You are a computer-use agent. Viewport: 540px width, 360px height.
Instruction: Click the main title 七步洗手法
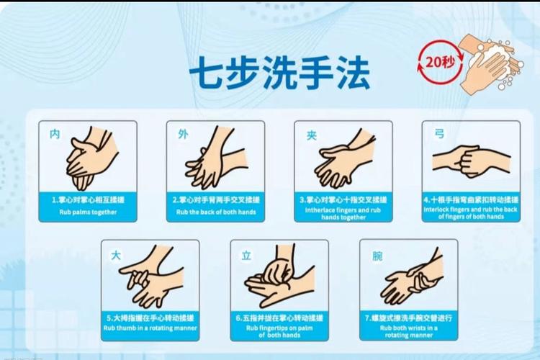(x=279, y=73)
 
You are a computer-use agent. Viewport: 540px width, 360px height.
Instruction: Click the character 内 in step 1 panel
(x=55, y=134)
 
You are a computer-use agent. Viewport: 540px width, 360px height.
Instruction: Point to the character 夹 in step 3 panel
(x=311, y=135)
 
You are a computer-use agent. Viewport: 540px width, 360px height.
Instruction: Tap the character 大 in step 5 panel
(x=116, y=254)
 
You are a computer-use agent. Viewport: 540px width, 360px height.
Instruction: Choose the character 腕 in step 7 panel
(x=377, y=255)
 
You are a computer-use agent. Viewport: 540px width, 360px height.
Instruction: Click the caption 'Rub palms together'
(x=87, y=212)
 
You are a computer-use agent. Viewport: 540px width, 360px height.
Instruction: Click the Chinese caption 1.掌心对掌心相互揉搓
(x=87, y=199)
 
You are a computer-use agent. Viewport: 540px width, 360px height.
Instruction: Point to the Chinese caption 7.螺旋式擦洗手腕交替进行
(x=408, y=318)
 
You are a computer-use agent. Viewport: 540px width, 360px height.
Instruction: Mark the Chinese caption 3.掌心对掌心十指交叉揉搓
(x=343, y=199)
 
